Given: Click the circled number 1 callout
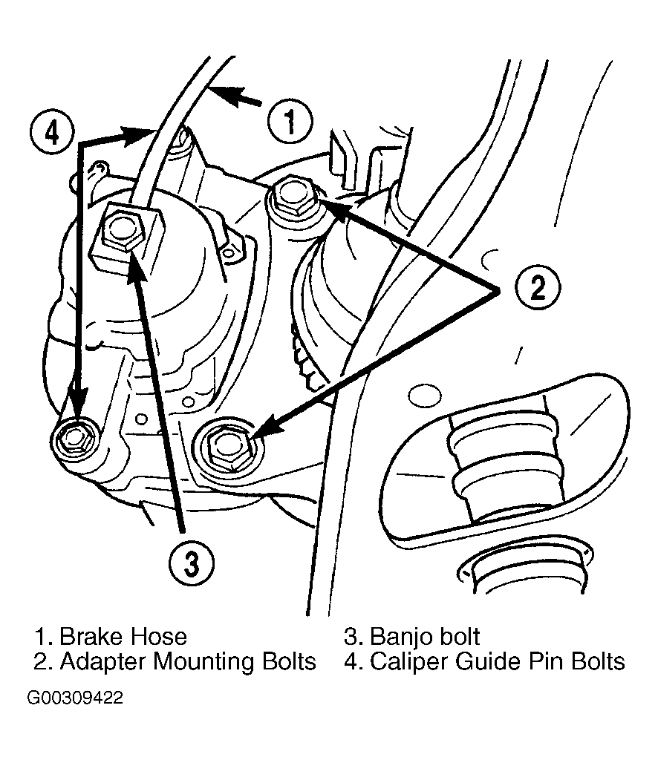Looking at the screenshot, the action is coord(290,121).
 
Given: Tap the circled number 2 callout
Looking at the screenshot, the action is coord(537,288).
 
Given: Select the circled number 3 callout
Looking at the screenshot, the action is coord(192,564).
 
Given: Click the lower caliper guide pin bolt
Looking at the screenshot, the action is coord(74,439).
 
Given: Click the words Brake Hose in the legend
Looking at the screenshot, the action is coord(123,636).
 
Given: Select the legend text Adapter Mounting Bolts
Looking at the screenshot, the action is coord(188,661).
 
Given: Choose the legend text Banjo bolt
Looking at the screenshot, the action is coord(425,637).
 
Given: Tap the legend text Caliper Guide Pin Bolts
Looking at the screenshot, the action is coord(498,661).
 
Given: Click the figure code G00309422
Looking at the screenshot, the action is coord(75,698).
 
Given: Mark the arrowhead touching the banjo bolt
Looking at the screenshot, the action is coord(137,265).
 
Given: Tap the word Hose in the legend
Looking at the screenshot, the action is coord(161,636).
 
